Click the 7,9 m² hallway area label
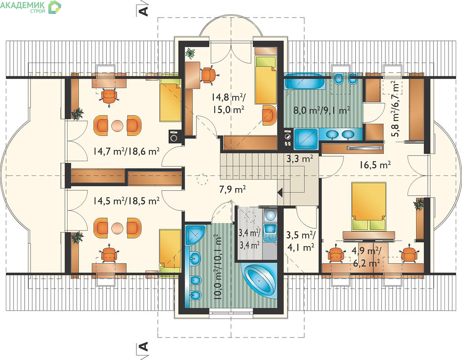tap(232, 189)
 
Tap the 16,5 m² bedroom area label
tap(375, 165)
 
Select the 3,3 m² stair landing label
tap(299, 159)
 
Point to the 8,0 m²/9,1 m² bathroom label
tap(322, 110)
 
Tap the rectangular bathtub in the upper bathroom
tap(304, 81)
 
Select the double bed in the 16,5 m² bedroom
tap(369, 207)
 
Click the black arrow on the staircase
tap(280, 193)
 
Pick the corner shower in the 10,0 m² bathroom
tap(195, 235)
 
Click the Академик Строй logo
tap(31, 7)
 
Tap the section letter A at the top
tap(143, 11)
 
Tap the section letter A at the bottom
tap(143, 346)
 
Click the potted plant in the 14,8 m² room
tap(190, 53)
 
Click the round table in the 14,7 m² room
tap(117, 126)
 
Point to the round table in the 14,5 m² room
tap(117, 228)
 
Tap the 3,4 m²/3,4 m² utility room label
tap(249, 239)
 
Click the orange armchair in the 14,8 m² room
tap(270, 115)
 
